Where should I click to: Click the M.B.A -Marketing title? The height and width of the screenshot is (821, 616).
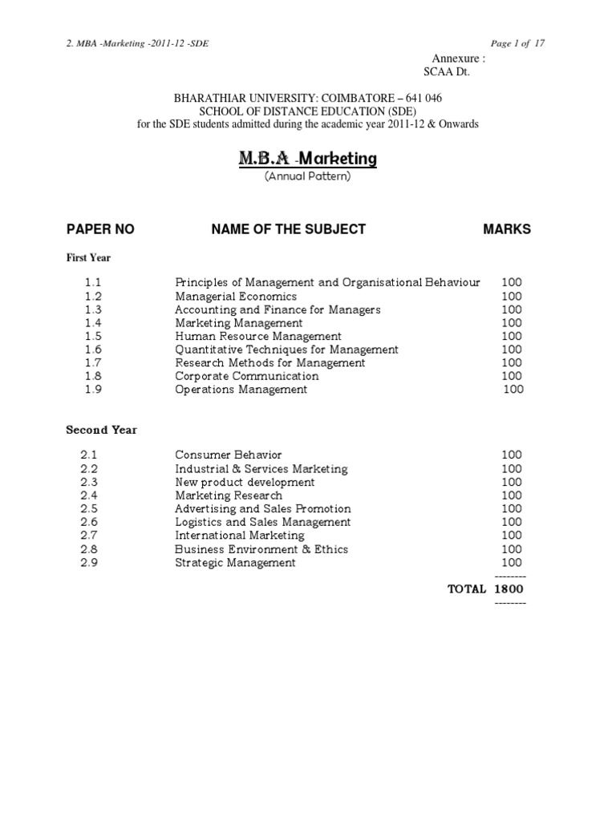tap(307, 159)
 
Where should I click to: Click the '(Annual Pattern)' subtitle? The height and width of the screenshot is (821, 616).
tap(307, 176)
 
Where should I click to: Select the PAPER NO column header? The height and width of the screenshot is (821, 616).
tap(100, 229)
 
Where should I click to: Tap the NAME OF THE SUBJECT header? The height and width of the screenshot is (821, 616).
tap(288, 229)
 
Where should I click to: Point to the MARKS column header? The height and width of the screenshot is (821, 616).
tap(506, 229)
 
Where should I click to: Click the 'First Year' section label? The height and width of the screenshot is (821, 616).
tap(88, 258)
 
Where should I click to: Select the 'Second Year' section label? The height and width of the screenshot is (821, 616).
tap(101, 430)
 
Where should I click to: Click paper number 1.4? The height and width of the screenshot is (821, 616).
tap(92, 323)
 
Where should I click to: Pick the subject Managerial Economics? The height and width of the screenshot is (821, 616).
tap(236, 296)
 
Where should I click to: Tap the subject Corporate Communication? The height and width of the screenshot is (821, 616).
tap(246, 376)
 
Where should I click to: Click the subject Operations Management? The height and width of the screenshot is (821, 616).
tap(241, 390)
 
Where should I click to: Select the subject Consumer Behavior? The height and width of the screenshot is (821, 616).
tap(229, 455)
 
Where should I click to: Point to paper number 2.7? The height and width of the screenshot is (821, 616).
tap(88, 536)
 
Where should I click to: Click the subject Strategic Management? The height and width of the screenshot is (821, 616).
tap(235, 563)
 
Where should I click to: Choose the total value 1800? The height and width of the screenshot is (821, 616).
tap(509, 589)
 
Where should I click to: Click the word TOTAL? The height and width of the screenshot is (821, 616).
tap(467, 589)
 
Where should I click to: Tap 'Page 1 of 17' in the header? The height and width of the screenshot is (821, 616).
tap(516, 43)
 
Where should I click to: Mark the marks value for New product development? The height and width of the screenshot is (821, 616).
tap(511, 483)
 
